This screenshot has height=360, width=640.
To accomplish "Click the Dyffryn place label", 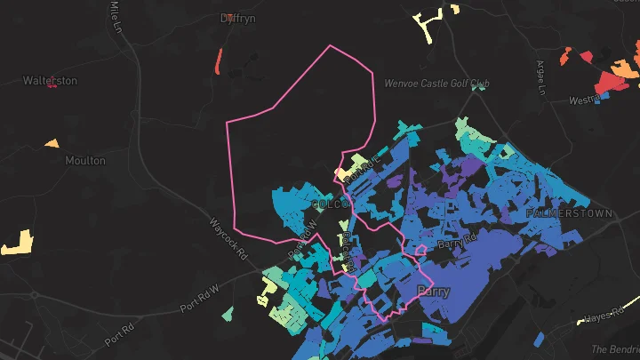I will (239, 18).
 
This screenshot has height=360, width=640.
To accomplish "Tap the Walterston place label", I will (50, 81).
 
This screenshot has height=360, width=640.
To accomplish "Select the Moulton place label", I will (85, 161).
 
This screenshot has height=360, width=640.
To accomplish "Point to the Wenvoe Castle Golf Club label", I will (436, 84).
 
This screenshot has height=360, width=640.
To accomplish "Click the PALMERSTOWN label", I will (569, 214).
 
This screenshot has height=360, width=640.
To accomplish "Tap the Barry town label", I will (433, 292).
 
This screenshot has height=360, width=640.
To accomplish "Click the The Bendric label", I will (614, 349).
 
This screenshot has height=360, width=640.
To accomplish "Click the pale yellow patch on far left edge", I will (17, 242).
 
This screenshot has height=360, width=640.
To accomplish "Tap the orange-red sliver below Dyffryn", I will (219, 61).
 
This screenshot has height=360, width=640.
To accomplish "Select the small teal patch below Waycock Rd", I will (228, 314).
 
